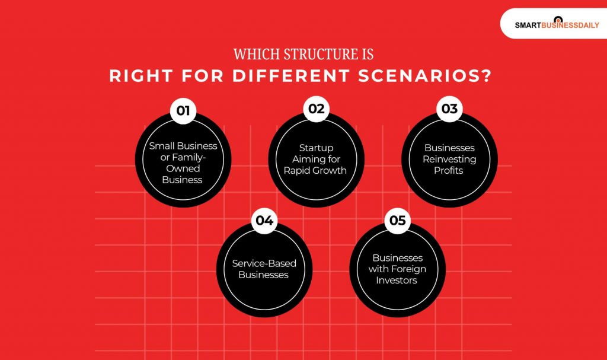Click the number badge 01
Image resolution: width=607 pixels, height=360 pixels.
click(x=183, y=110)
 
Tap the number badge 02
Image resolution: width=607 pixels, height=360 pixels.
click(x=317, y=109)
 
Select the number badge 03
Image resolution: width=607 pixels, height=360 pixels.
click(x=449, y=109)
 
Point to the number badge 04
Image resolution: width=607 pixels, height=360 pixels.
click(x=264, y=221)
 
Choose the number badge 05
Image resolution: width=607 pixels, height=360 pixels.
click(x=397, y=221)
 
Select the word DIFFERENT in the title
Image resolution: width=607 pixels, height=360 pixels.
click(x=313, y=77)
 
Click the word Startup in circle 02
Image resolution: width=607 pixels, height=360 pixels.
click(x=317, y=148)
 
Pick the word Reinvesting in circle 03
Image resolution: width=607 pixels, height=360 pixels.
click(x=449, y=159)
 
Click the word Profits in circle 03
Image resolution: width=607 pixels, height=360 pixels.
click(x=449, y=170)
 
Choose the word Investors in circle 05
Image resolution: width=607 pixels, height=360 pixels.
click(x=397, y=280)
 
